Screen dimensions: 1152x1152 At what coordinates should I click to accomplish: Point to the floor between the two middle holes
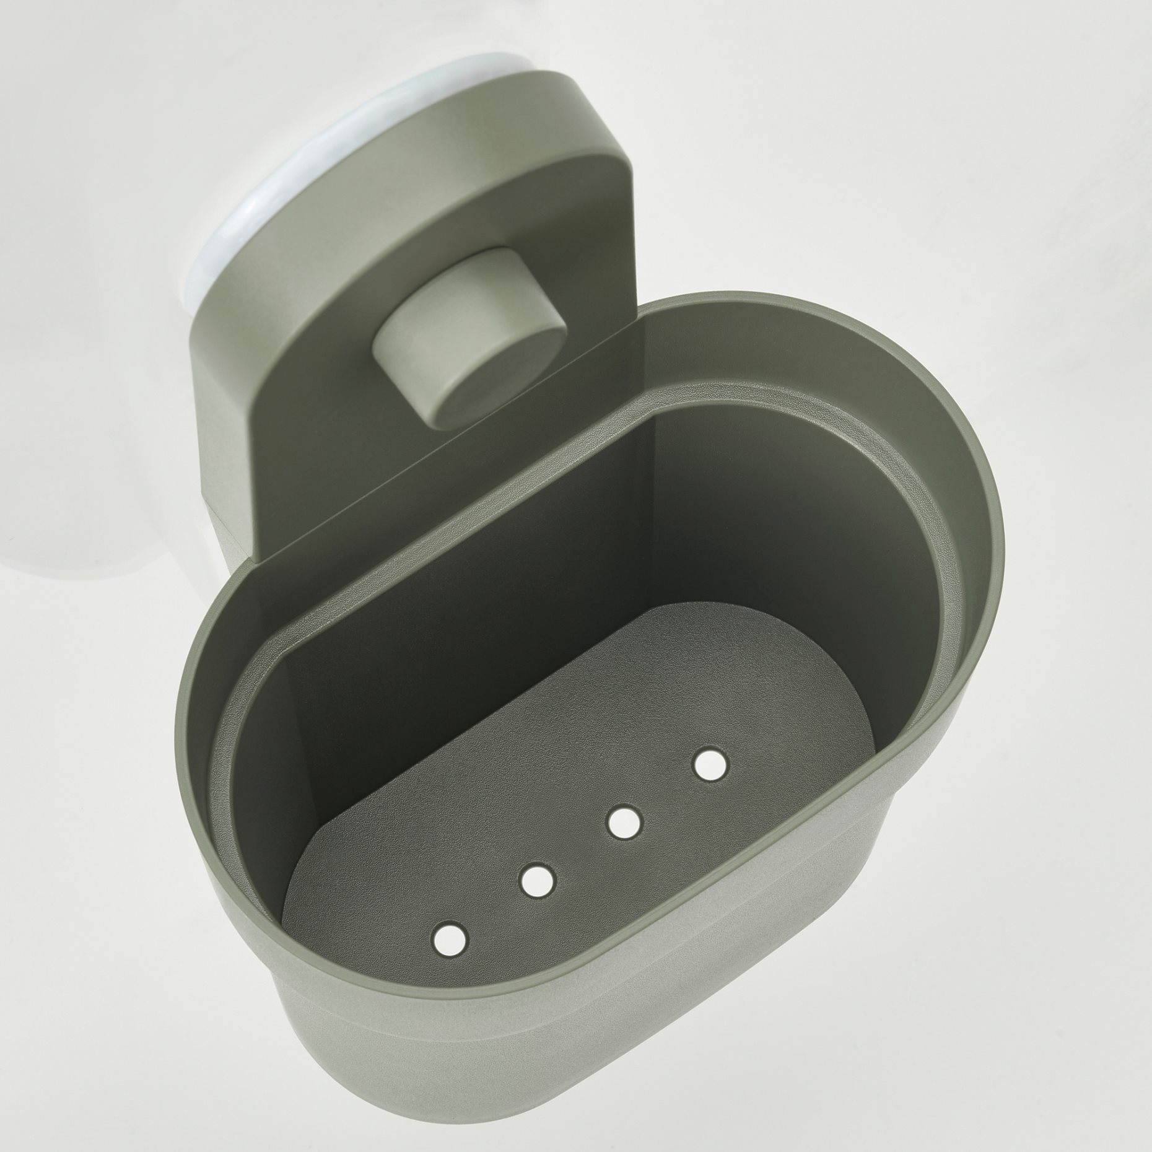click(x=581, y=841)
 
